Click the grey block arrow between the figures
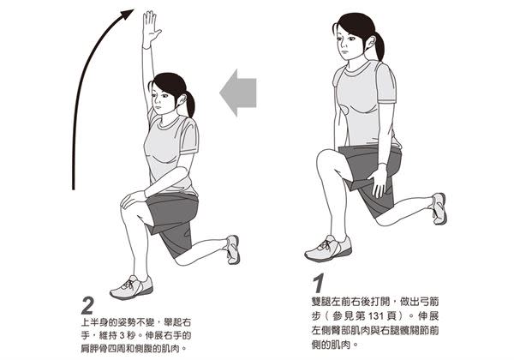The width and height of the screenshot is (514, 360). coord(238,93)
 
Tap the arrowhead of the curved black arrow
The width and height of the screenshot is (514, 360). coord(127,15)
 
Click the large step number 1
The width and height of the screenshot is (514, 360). coord(319,284)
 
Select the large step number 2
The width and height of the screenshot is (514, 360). coord(87,306)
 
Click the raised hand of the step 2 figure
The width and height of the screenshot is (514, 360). coord(151,29)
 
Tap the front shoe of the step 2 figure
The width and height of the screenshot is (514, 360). coord(132,287)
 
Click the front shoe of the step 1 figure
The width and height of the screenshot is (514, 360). coord(328,249)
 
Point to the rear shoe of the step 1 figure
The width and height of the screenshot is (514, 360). coord(439,208)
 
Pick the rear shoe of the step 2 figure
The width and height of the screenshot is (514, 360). coord(233,249)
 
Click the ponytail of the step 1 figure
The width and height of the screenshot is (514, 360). coord(379,45)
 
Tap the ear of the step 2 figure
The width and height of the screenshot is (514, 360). coord(182,99)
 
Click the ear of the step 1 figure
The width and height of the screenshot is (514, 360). coord(370,42)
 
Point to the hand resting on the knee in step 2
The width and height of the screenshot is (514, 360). coord(132,198)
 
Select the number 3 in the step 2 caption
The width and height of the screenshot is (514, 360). coord(122,335)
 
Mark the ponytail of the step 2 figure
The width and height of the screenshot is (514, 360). coord(190,103)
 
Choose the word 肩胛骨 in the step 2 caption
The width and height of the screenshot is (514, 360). coord(94,348)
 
